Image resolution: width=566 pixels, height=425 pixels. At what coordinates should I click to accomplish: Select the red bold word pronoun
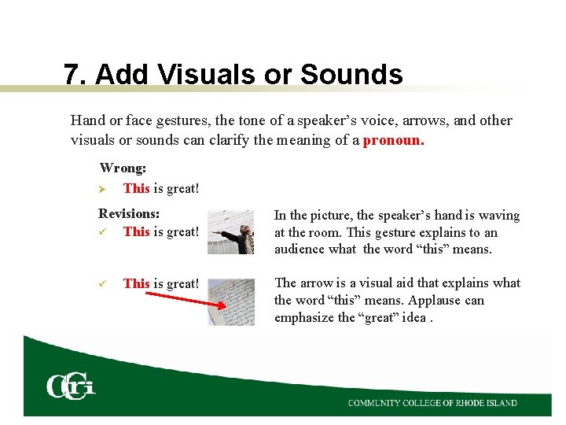(393, 140)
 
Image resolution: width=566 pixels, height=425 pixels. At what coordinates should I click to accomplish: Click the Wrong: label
(123, 168)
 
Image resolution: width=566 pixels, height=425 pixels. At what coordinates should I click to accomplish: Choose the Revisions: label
(129, 213)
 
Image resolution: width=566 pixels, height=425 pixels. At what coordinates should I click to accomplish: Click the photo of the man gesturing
(231, 232)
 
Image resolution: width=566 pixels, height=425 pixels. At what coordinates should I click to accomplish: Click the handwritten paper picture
(231, 301)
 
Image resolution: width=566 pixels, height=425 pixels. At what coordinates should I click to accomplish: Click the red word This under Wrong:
(136, 189)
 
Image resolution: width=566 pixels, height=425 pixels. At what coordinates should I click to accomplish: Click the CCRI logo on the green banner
(70, 386)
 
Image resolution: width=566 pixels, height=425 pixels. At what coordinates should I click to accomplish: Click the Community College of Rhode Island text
(432, 403)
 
